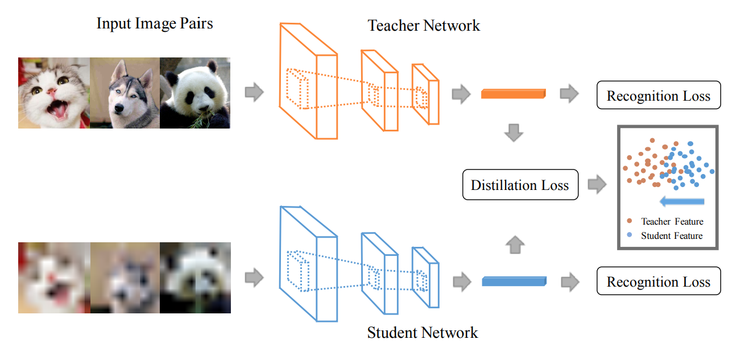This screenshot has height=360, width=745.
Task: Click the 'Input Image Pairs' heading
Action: (155, 24)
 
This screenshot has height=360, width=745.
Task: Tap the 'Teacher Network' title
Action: (424, 26)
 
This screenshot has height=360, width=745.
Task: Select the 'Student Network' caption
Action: (423, 333)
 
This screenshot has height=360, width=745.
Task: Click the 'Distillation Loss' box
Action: (520, 185)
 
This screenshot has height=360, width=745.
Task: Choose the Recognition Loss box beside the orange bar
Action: (658, 96)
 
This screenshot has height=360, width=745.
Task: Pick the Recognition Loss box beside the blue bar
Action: (658, 282)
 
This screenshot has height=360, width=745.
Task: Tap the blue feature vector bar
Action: (514, 280)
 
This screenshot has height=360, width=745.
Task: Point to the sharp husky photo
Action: (125, 93)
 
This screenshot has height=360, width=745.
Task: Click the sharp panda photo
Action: (195, 93)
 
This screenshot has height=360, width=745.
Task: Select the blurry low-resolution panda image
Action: (195, 278)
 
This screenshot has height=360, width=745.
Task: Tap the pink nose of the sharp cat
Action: (52, 92)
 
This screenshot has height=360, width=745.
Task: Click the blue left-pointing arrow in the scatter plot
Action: (682, 201)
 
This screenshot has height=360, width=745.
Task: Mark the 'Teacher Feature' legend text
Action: (672, 222)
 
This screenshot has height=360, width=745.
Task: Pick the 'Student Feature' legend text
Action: (672, 235)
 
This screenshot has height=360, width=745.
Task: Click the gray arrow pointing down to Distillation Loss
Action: (514, 133)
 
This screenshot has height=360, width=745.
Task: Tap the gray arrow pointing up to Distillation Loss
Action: (514, 245)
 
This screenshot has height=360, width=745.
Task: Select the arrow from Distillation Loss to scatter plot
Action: (597, 184)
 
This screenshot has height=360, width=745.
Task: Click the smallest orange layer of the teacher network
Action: (426, 94)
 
